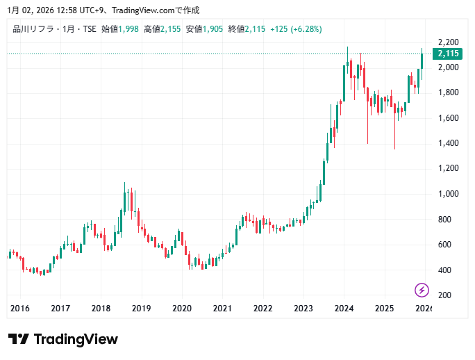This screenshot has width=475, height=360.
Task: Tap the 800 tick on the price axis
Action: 444,220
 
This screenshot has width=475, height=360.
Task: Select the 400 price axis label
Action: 444,270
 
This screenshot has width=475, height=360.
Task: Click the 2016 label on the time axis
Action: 20,309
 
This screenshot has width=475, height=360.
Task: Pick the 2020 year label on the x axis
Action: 182,309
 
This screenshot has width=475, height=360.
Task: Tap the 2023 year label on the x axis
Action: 303,309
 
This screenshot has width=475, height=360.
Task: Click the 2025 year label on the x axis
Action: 384,309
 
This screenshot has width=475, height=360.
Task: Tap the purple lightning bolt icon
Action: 422,290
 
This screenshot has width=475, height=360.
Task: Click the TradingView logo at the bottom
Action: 63,339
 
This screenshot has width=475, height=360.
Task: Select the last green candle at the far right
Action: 422,61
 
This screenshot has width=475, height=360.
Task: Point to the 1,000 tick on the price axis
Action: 447,194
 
